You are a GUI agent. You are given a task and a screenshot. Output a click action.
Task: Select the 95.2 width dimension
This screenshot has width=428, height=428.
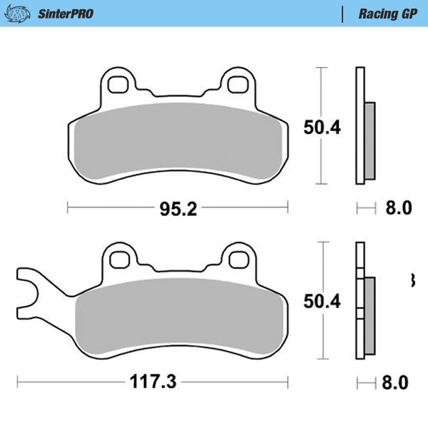click(178, 208)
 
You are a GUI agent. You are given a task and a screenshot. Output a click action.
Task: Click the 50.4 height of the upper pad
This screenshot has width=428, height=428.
click(324, 127)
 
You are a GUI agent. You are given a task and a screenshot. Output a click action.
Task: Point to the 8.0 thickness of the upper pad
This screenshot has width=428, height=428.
click(398, 208)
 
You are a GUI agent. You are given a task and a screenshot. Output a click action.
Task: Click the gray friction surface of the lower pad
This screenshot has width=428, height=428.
click(178, 317)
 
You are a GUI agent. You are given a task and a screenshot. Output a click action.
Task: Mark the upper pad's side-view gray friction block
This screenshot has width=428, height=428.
click(369, 141)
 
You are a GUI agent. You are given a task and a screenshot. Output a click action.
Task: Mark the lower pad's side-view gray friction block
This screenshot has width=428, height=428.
click(369, 316)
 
